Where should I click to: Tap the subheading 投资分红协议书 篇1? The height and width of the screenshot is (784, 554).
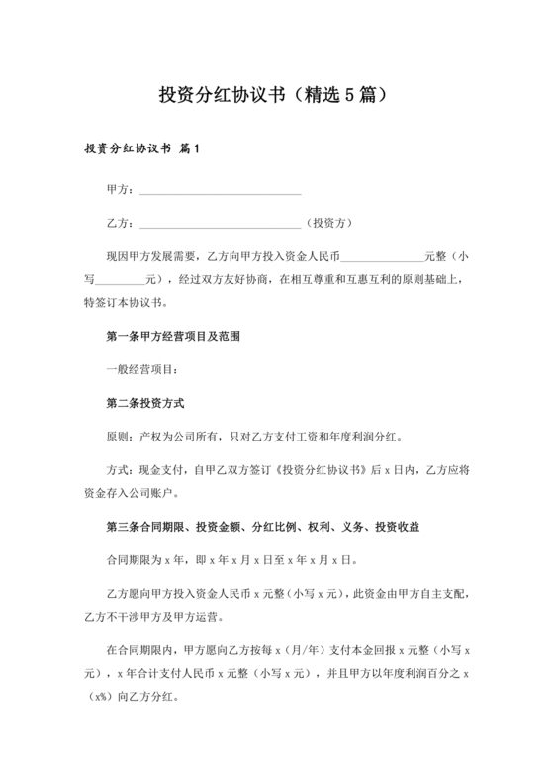pos(142,150)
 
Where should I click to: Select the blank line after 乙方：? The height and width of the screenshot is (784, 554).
pos(220,223)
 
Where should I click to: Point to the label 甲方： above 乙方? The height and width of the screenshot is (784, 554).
pos(120,189)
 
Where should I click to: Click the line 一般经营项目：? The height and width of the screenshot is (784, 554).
pos(142,370)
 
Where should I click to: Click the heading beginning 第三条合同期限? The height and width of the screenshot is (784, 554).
pos(267,527)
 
